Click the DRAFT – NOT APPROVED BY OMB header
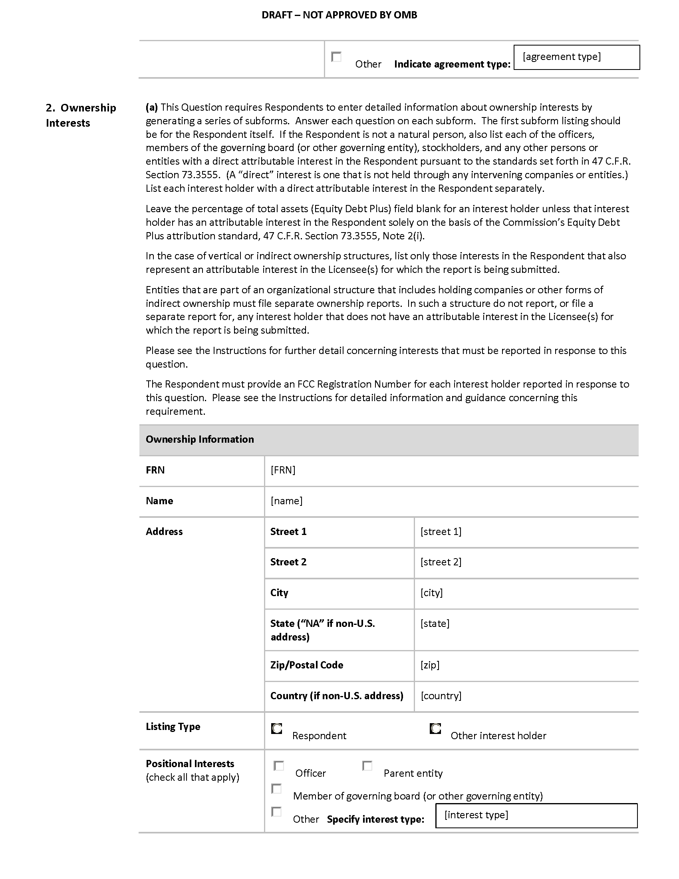click(339, 15)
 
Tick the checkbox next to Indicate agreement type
click(336, 57)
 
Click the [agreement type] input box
click(576, 57)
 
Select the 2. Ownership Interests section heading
click(81, 115)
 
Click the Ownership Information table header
click(200, 439)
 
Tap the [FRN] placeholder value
click(283, 470)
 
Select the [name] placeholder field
click(286, 501)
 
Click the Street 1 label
click(288, 531)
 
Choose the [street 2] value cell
click(441, 562)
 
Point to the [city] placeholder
click(432, 593)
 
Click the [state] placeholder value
click(435, 623)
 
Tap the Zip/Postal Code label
click(306, 665)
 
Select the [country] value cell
click(441, 696)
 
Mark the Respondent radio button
click(277, 728)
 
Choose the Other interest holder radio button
click(435, 728)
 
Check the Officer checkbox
click(279, 766)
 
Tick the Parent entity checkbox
click(367, 766)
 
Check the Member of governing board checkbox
click(276, 788)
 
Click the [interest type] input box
click(536, 815)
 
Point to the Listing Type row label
click(173, 726)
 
